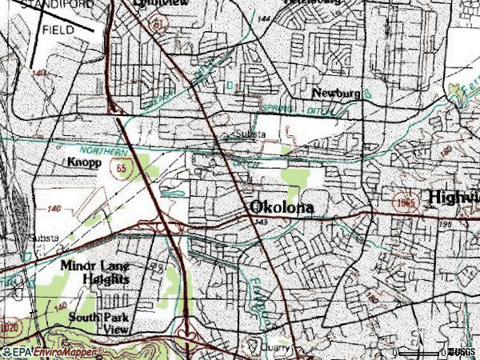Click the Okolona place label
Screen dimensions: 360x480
point(282,207)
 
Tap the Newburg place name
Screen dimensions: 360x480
point(336,94)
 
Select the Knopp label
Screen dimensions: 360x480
point(83,162)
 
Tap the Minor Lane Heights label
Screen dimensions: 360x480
point(94,272)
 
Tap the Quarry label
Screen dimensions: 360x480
point(280,348)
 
